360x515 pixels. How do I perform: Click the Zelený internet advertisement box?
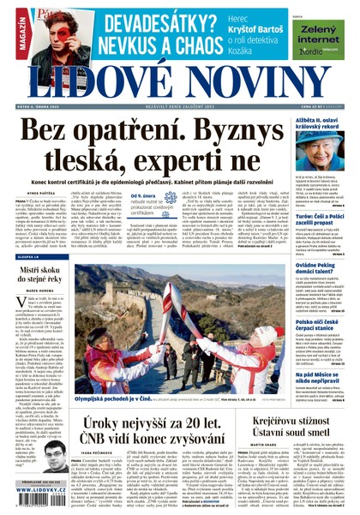pyautogui.click(x=322, y=37)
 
